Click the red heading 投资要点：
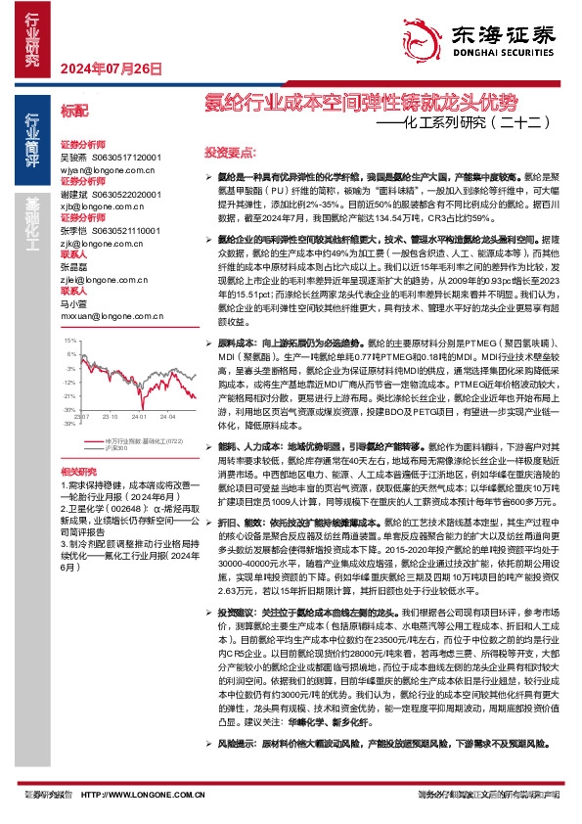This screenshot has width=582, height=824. (230, 153)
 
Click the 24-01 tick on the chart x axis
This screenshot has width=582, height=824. (144, 415)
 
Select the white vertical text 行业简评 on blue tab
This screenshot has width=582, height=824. (31, 142)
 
